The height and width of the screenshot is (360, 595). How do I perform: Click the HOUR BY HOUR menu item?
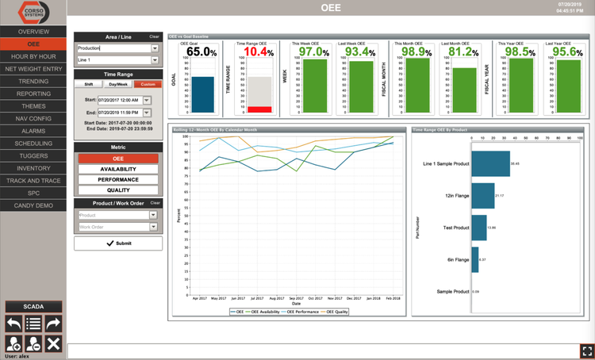click(33, 56)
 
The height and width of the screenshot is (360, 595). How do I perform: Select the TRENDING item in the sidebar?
click(33, 81)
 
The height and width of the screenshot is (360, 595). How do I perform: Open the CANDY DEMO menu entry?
click(33, 205)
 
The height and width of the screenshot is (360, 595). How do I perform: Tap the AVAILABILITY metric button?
click(118, 169)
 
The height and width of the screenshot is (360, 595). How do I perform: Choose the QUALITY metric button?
click(118, 190)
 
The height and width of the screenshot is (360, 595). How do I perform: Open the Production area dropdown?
click(117, 48)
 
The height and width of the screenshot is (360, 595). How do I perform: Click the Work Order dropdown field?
click(117, 228)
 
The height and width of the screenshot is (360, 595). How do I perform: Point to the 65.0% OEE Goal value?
click(202, 52)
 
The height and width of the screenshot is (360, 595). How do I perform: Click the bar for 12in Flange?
click(482, 195)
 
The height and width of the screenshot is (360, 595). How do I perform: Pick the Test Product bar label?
click(456, 228)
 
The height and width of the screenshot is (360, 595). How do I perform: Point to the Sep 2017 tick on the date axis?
click(296, 298)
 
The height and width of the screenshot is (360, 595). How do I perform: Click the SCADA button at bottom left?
click(33, 307)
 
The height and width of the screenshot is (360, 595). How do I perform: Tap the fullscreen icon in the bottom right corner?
click(586, 350)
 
